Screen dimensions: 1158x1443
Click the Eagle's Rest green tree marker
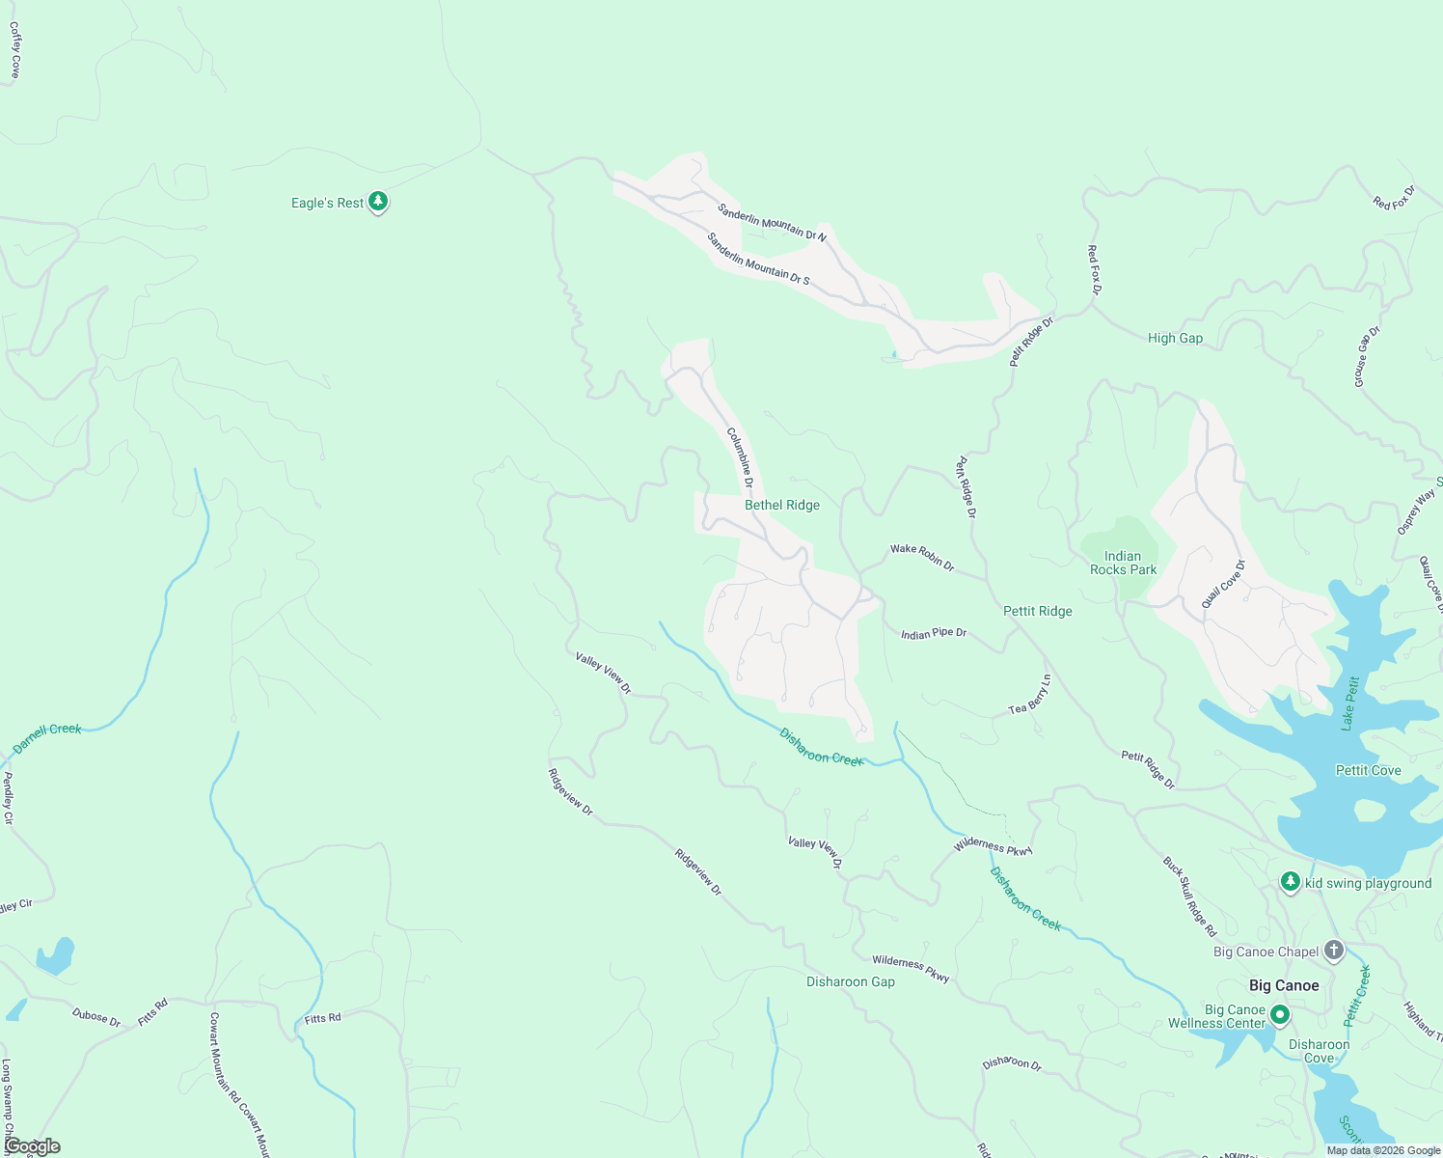(379, 202)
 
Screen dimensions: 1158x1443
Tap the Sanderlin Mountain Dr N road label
(772, 222)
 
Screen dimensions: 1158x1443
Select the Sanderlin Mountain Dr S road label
(758, 259)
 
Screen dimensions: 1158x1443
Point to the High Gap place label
(1175, 338)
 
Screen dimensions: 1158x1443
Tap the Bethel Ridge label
(781, 505)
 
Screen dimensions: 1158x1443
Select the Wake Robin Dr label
(922, 557)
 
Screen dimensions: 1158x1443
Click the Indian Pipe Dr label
(933, 634)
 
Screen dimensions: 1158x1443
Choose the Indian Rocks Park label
(1123, 563)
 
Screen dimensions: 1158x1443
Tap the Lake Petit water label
(1350, 703)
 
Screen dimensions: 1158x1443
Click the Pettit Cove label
(1368, 770)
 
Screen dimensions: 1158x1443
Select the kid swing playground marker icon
(1291, 882)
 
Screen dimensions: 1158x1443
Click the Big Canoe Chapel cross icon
(1334, 951)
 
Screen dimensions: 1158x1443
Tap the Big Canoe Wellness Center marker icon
(1280, 1014)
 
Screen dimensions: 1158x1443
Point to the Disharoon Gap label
(850, 981)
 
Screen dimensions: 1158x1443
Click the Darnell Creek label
(47, 738)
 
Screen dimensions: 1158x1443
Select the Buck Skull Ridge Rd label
(1189, 896)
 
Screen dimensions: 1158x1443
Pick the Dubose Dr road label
(96, 1017)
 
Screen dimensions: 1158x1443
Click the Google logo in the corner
(32, 1146)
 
